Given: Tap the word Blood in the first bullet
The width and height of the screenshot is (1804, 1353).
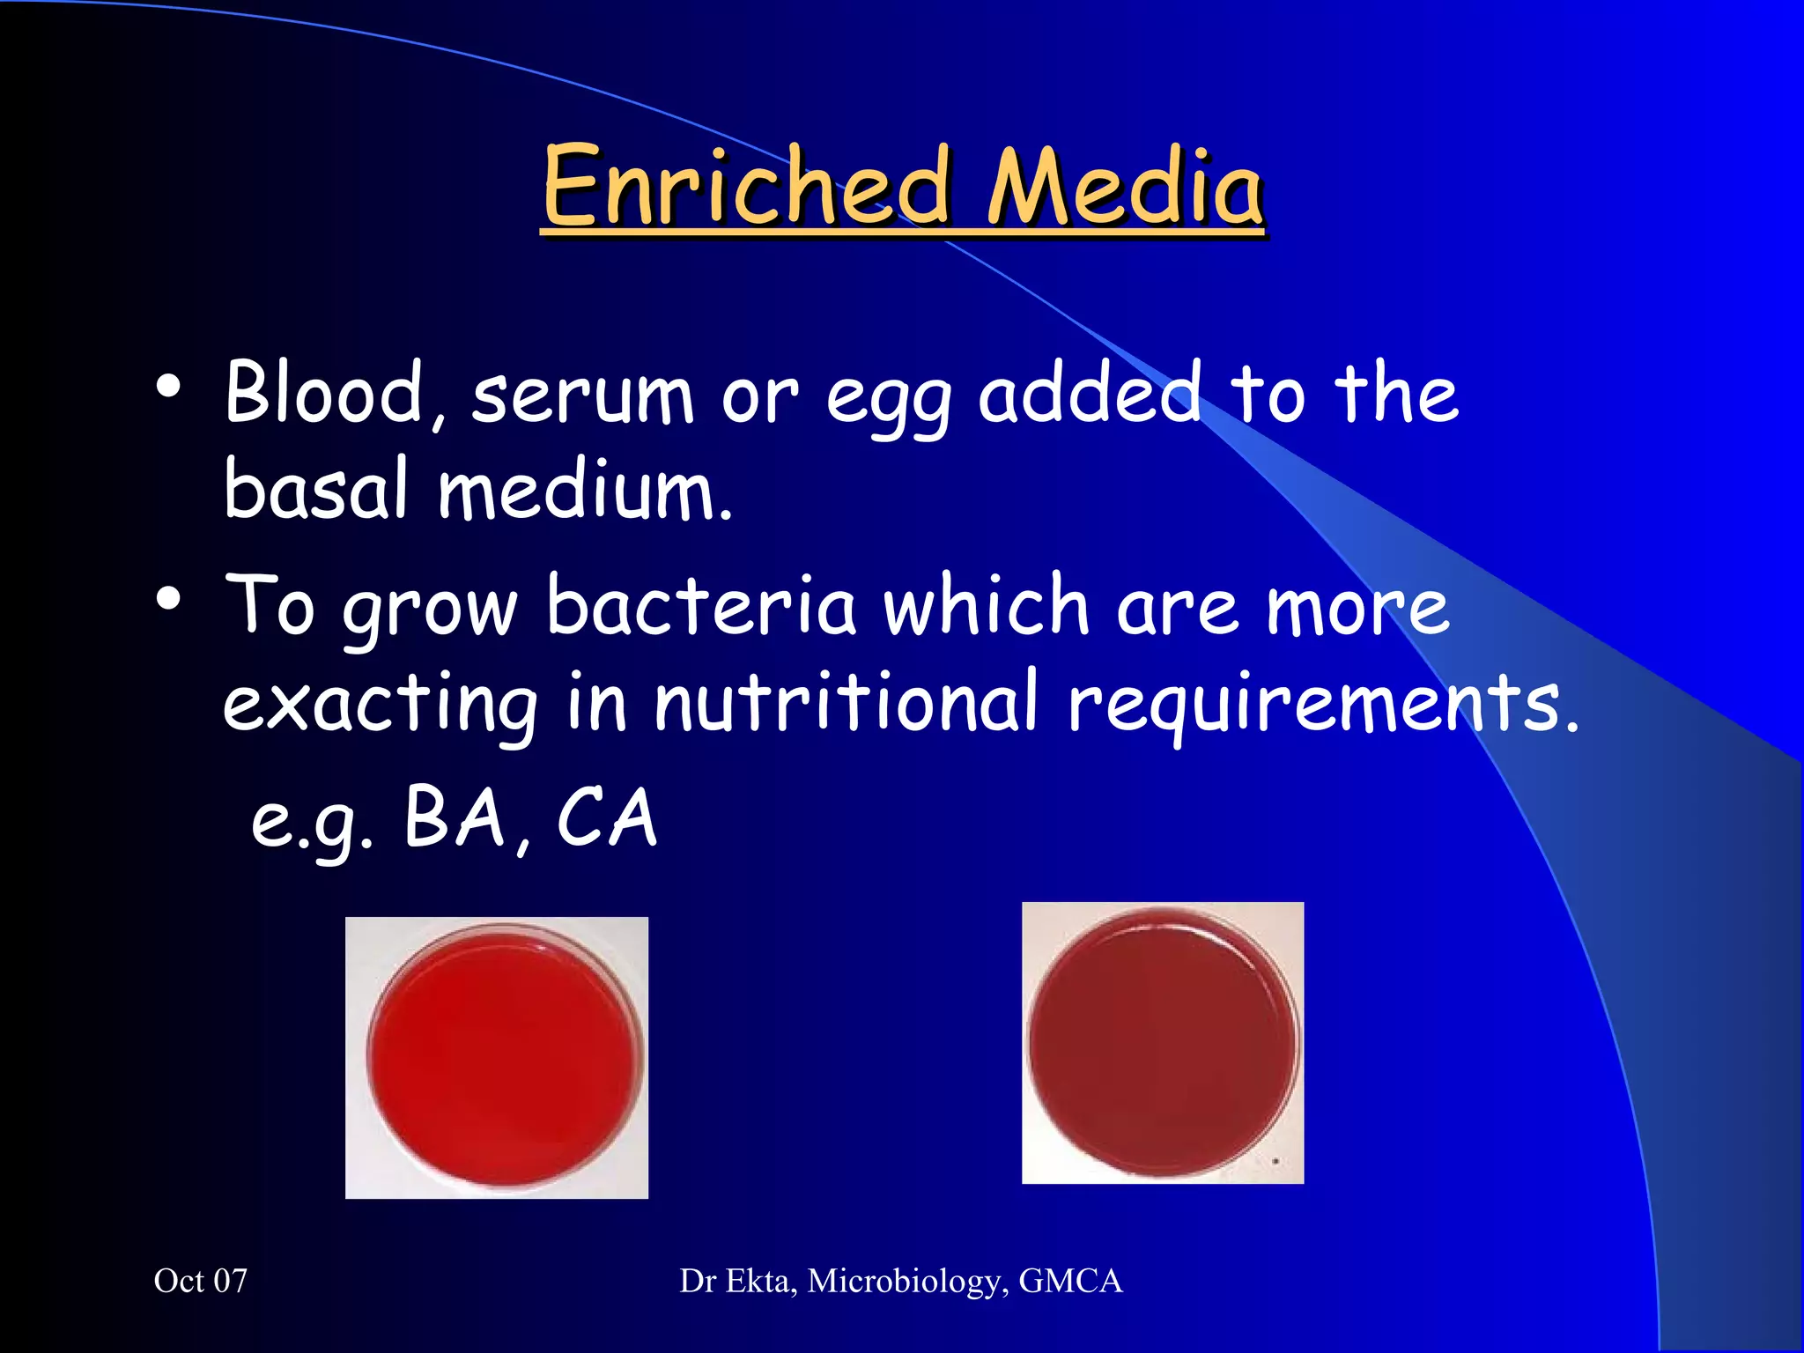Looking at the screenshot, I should [324, 393].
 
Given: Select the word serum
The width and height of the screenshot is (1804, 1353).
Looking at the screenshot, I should [582, 396].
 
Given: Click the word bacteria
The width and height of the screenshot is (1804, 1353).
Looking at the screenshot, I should [700, 606].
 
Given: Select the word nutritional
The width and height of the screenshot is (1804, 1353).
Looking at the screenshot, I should [846, 702].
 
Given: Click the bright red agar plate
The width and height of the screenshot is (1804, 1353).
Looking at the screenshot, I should [504, 1056].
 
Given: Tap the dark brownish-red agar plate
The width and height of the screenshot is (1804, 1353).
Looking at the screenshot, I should [1163, 1043].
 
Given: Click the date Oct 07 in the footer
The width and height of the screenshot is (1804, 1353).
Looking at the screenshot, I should [201, 1281].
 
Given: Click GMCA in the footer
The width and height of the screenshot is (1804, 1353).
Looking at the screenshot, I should [1070, 1281].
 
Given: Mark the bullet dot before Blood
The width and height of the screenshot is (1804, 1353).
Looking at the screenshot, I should [168, 386].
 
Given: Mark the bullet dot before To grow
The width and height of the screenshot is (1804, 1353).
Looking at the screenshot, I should [168, 600].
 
